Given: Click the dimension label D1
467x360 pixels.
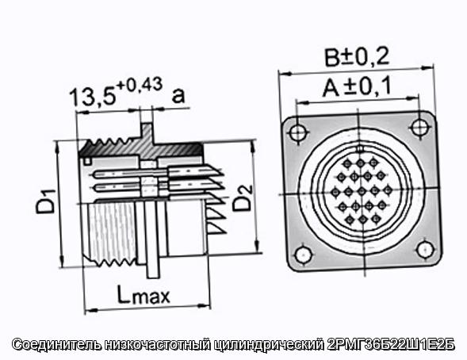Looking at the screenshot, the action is [x=46, y=201].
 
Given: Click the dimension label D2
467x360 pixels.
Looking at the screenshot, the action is [x=242, y=198].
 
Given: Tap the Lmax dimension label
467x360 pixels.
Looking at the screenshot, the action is [x=144, y=294].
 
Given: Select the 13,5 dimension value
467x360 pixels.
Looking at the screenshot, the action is [x=92, y=96].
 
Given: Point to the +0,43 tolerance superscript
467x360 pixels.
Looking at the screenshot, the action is [x=140, y=84].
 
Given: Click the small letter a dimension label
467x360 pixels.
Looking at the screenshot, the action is [x=178, y=95].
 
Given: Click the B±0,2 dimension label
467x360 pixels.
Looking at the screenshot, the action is [x=357, y=56].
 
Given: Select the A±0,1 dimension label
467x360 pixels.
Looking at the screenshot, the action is [x=356, y=87].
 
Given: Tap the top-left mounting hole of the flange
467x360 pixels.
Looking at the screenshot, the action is [x=298, y=132].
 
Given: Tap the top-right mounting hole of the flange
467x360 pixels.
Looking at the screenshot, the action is [x=420, y=127].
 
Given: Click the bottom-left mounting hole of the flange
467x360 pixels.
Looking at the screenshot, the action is [x=304, y=255].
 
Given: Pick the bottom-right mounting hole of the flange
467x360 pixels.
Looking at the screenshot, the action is [x=425, y=250].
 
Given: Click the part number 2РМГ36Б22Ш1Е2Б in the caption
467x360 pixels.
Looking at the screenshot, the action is [x=391, y=345].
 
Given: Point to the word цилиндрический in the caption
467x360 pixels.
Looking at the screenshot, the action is [x=268, y=345].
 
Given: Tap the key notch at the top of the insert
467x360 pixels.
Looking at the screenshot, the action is [x=360, y=149].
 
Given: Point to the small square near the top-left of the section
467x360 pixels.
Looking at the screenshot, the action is [x=87, y=161].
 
